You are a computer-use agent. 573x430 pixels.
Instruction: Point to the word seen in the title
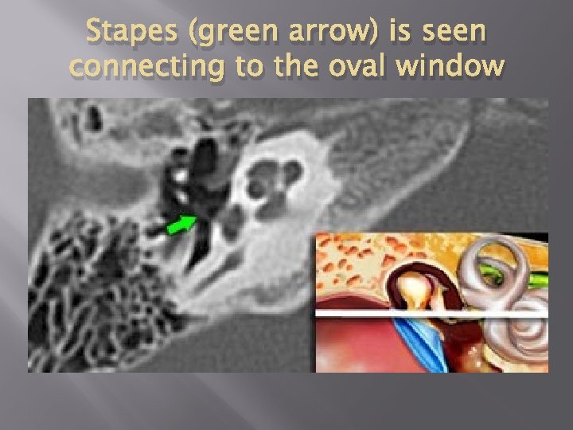click(x=449, y=33)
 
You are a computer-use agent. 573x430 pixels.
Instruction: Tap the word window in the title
click(x=457, y=67)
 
